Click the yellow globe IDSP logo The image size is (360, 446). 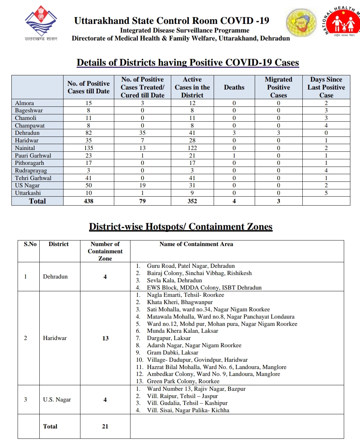coord(301,22)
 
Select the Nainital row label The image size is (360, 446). coord(25,148)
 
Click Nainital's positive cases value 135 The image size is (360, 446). coord(89,148)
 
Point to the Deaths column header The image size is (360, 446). coord(234,87)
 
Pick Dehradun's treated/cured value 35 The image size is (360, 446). coord(142,133)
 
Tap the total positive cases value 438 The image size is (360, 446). coord(89,201)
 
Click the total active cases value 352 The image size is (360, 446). coord(192,201)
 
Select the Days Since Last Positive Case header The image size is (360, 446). coord(326,87)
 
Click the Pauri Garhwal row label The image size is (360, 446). coord(33,155)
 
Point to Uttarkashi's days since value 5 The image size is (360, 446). coord(326,193)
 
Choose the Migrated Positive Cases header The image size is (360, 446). coord(279,87)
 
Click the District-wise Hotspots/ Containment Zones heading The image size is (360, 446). coord(181,227)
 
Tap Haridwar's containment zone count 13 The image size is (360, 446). coord(105,338)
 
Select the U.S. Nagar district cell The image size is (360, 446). coord(57,400)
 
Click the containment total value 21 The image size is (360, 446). coord(105,426)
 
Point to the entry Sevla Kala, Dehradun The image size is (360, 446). coord(174,280)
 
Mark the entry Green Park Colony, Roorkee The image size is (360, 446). coord(183,381)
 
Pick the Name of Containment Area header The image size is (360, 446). coord(196,244)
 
